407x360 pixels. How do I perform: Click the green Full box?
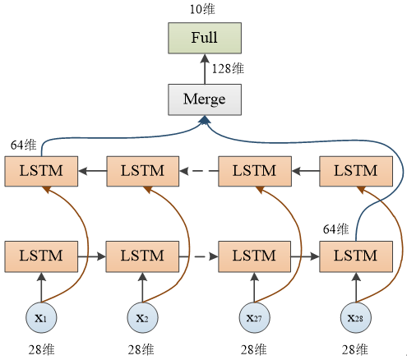coord(205,39)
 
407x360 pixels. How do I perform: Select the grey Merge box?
coord(205,99)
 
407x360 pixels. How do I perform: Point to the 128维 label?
coord(228,69)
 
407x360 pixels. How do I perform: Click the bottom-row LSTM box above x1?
coord(40,256)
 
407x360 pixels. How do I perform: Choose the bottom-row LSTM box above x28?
coord(355,256)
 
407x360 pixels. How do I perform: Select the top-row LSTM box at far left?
coord(40,172)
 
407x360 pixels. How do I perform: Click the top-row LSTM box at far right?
coord(355,172)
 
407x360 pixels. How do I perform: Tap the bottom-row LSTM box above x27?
coord(254,256)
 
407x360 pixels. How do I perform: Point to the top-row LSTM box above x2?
coord(141,172)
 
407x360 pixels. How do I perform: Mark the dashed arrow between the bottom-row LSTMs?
coord(197,256)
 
